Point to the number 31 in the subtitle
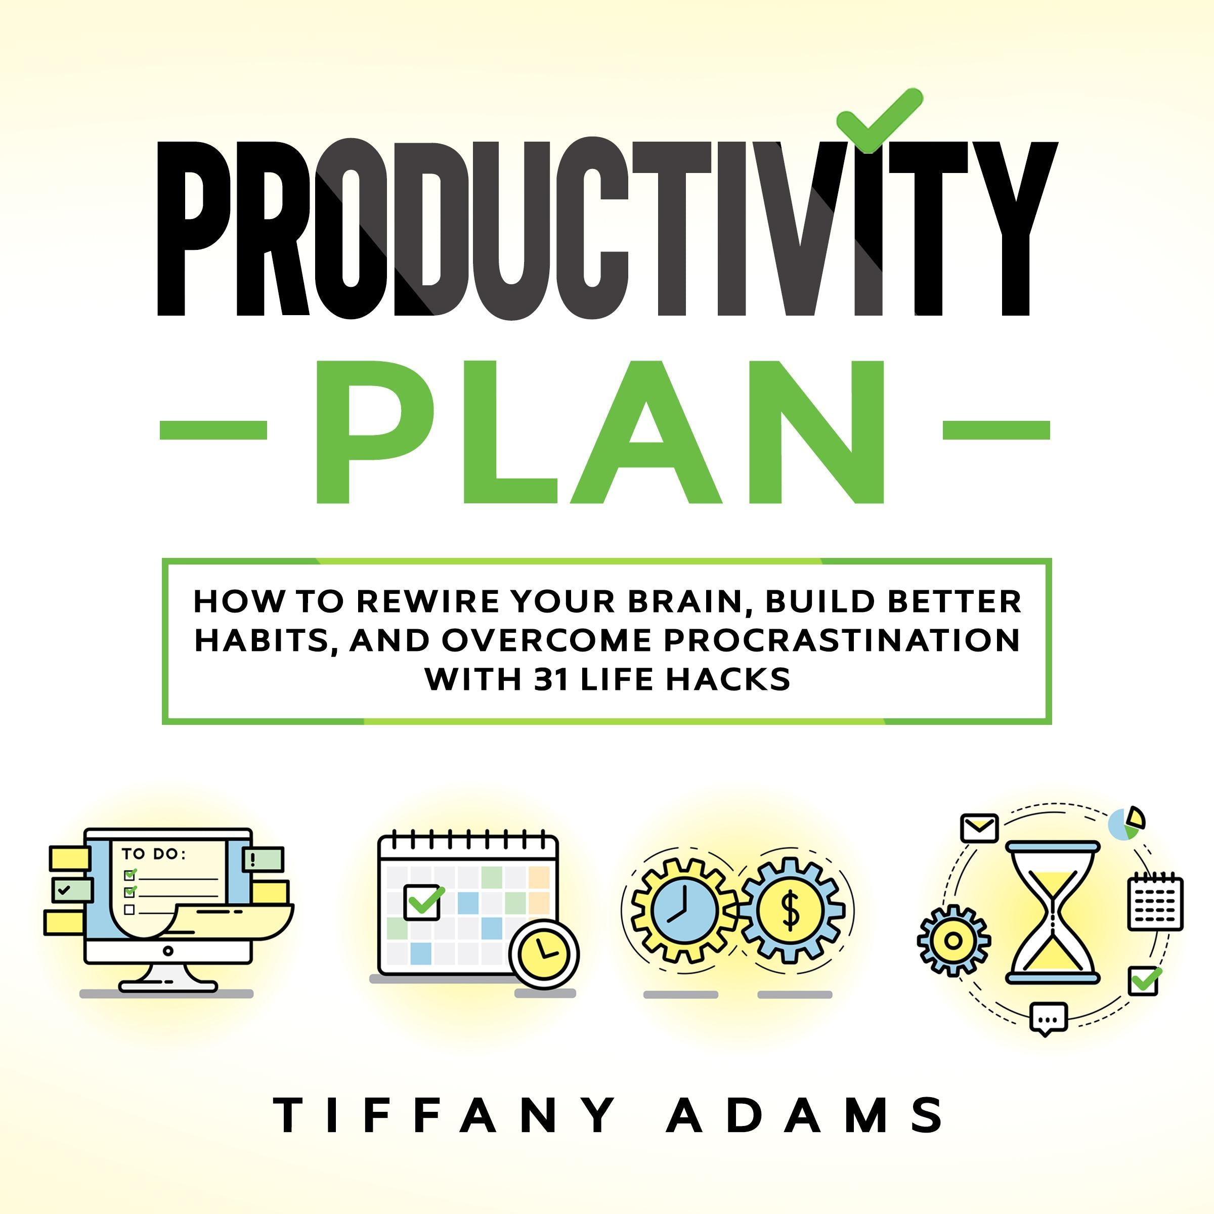click(x=552, y=679)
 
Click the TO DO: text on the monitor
click(x=153, y=854)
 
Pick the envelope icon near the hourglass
click(x=979, y=828)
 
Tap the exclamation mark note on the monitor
click(x=263, y=859)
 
